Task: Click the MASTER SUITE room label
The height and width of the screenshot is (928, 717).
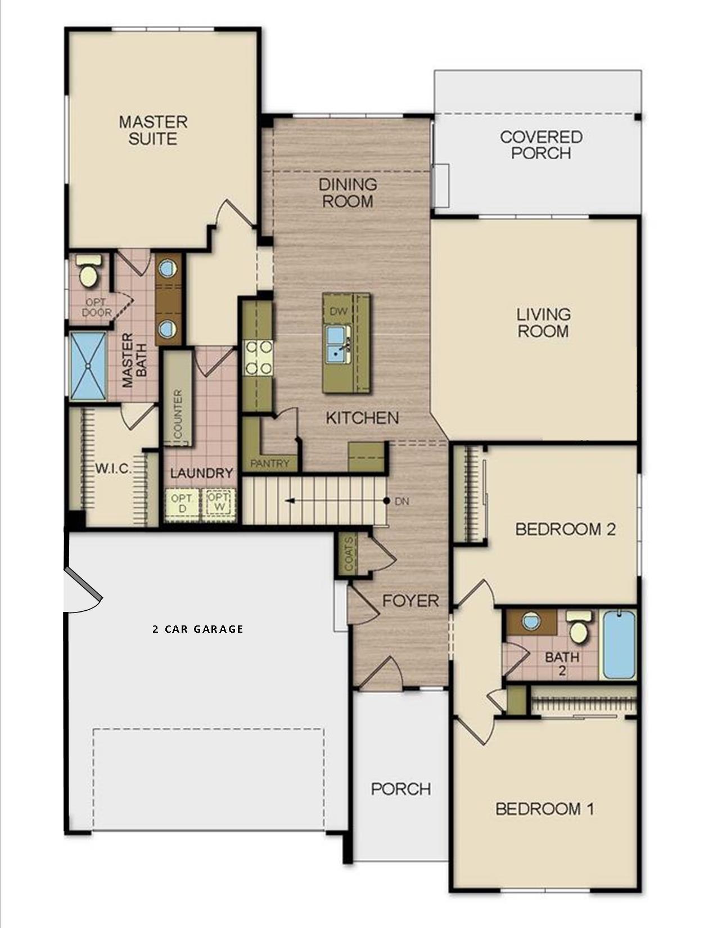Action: pos(153,130)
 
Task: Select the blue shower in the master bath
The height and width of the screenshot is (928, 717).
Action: pos(88,366)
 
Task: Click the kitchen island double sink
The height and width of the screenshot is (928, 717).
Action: pos(338,343)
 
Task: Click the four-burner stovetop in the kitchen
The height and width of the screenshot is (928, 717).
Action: pos(258,358)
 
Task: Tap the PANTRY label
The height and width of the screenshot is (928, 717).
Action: pos(269,463)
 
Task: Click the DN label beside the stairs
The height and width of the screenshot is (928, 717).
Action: pos(402,501)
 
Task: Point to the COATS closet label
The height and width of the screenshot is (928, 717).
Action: pos(349,554)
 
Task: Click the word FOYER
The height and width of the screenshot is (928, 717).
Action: pos(411,601)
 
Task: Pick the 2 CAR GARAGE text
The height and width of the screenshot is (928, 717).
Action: pos(198,629)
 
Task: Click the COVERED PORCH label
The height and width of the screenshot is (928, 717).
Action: pos(541,145)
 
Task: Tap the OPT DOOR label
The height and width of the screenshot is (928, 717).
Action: pos(97,308)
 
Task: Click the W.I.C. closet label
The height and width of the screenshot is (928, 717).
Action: pos(113,469)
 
